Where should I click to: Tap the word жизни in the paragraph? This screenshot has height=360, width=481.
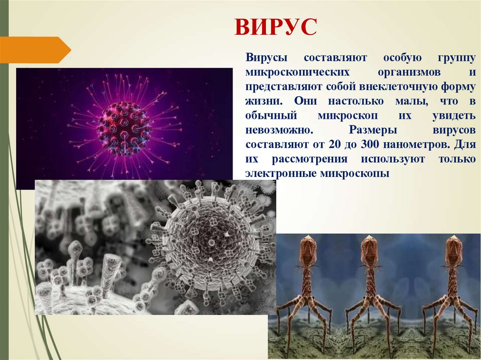tap(263, 101)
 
